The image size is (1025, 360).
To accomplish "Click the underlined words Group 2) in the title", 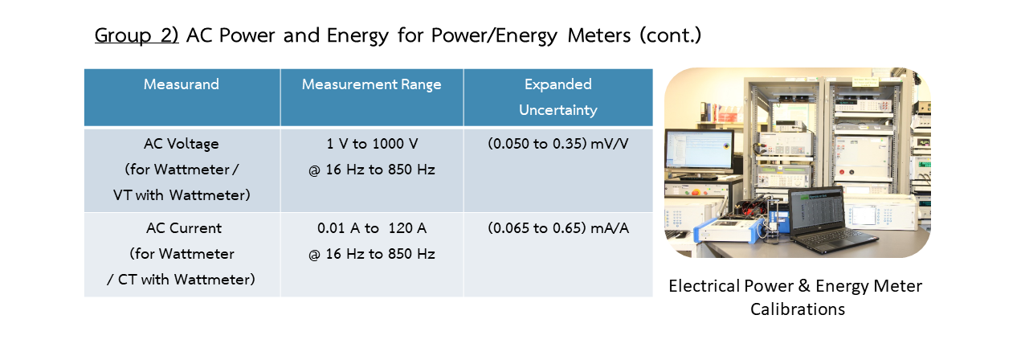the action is (137, 35).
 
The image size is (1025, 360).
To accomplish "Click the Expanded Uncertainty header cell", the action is (557, 97).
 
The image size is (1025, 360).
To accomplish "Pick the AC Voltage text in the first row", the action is (182, 144).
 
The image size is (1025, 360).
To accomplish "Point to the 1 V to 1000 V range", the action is (372, 144).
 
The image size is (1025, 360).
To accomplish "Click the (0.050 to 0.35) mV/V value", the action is (557, 144).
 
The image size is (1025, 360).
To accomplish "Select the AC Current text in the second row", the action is (183, 228).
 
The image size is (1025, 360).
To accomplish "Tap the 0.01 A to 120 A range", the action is (372, 228).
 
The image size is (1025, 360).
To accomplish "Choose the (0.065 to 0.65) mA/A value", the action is (557, 228).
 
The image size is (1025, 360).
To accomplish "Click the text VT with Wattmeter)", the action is (182, 195).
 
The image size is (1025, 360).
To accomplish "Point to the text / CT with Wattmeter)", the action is (181, 280).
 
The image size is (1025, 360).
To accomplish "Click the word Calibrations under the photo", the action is (798, 309).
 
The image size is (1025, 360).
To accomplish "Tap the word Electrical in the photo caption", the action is (704, 286).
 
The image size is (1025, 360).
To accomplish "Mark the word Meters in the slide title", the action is (599, 35).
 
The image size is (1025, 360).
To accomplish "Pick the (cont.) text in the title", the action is (671, 35).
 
